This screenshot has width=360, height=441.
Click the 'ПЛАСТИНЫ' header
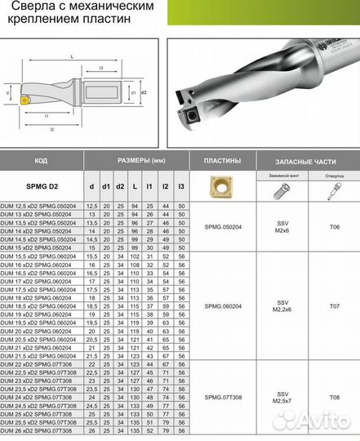click(x=222, y=161)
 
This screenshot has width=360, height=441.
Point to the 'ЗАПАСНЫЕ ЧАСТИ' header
click(x=307, y=161)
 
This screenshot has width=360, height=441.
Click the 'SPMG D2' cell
click(x=42, y=187)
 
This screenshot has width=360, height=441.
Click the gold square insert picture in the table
click(x=222, y=186)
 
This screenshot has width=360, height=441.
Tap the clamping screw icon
click(x=282, y=190)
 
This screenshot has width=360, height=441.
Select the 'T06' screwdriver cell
click(x=333, y=230)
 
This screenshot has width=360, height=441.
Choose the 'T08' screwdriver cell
click(x=333, y=397)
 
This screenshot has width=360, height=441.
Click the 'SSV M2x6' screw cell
click(x=282, y=230)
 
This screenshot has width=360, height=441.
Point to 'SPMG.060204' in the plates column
click(x=222, y=307)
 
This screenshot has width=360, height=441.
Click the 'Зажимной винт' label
click(x=282, y=176)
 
